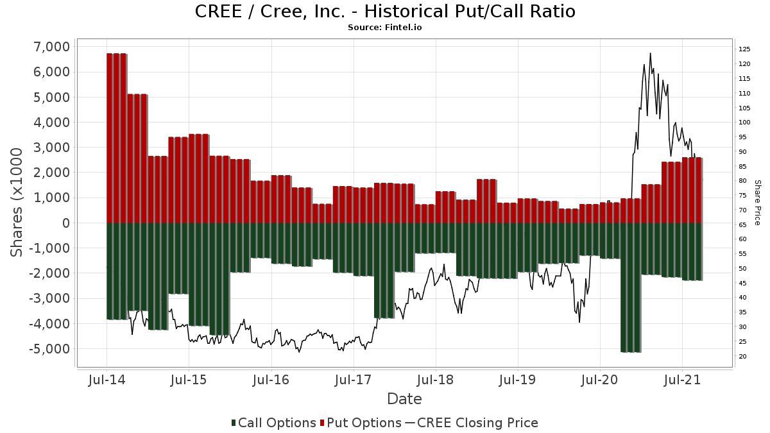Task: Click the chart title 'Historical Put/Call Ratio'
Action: click(x=385, y=12)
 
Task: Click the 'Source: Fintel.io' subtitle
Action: click(x=385, y=28)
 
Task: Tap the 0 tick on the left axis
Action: click(x=64, y=223)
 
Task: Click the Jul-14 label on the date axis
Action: click(x=107, y=380)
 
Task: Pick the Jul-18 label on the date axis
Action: click(x=435, y=380)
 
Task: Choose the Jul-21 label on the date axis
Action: click(x=681, y=380)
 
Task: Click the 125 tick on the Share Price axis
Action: click(x=744, y=49)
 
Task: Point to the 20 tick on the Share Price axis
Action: click(x=742, y=357)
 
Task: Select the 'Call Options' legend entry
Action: click(x=274, y=423)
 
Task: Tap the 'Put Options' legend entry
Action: click(x=361, y=423)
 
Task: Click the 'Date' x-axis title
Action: click(x=404, y=399)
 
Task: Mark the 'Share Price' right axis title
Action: click(x=757, y=202)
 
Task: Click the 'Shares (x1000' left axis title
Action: click(x=18, y=202)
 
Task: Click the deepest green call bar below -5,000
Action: click(x=631, y=289)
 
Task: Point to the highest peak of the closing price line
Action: click(x=650, y=54)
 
